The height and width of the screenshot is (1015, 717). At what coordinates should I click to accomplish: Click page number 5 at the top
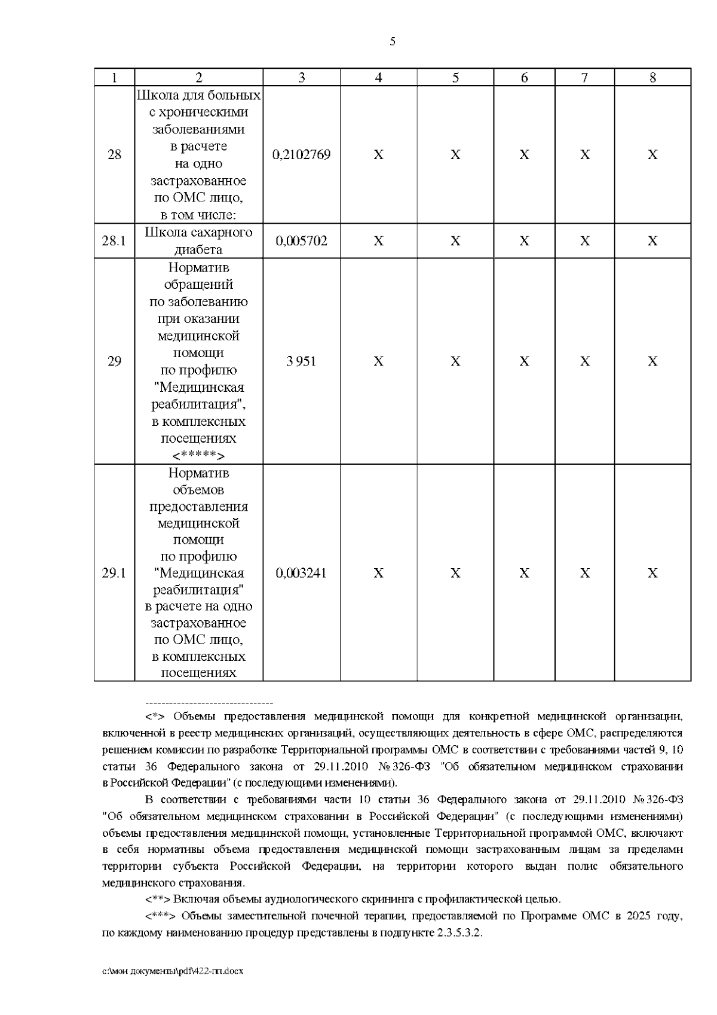point(392,41)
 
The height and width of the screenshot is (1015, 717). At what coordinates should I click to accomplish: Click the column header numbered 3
point(301,77)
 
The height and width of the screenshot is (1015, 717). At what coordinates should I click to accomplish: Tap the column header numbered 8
point(652,77)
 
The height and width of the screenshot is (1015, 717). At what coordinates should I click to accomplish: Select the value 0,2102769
point(301,155)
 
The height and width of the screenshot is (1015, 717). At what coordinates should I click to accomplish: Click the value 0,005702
point(301,241)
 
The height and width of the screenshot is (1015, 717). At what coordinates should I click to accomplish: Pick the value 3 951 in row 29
point(301,361)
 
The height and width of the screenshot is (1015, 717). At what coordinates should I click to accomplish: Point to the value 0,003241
point(301,573)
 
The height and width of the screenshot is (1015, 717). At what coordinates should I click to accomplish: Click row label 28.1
point(114,241)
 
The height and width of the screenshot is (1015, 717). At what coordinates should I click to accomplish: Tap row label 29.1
point(114,573)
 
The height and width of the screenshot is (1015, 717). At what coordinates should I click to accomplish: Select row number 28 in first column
point(114,155)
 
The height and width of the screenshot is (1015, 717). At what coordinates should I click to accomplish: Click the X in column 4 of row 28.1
point(378,241)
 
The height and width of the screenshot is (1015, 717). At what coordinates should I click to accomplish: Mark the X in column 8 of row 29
point(652,361)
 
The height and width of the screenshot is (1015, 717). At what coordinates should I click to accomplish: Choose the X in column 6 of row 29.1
point(524,573)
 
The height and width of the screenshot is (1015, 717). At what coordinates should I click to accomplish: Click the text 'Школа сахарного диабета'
point(198,241)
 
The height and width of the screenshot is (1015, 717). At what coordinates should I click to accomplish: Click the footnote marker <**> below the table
point(158,899)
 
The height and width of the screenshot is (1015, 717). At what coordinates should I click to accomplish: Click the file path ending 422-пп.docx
point(173,971)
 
